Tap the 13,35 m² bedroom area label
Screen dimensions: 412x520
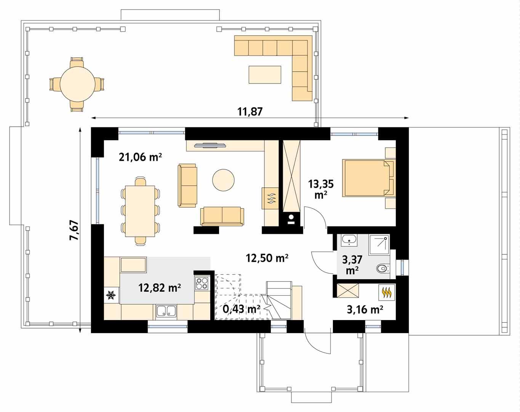click(x=321, y=189)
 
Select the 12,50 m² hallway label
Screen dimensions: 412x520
click(x=267, y=258)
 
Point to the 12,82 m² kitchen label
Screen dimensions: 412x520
click(x=159, y=288)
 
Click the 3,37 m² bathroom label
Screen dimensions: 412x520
click(x=352, y=265)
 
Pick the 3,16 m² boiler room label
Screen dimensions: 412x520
click(x=365, y=309)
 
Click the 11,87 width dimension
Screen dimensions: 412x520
click(x=250, y=112)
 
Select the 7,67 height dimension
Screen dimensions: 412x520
click(x=74, y=230)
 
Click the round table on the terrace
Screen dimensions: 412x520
click(x=77, y=84)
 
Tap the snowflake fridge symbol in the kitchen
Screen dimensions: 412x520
click(x=111, y=295)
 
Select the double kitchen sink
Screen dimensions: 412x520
click(x=166, y=311)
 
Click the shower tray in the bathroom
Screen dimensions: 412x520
click(x=379, y=245)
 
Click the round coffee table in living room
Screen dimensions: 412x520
click(x=223, y=180)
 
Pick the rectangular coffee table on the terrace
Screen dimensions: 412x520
click(x=265, y=74)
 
